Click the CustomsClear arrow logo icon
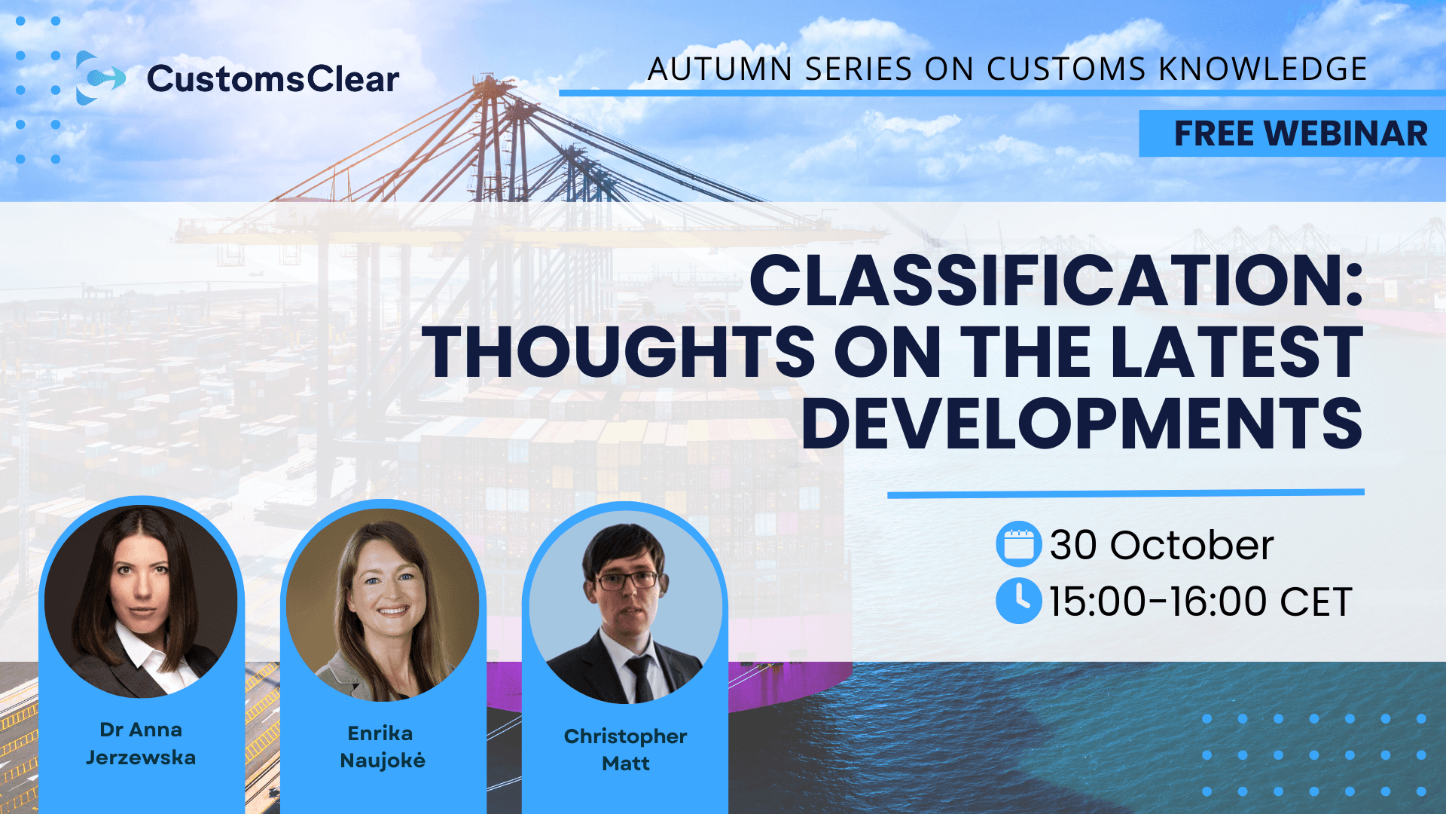click(99, 78)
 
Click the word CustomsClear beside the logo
click(273, 79)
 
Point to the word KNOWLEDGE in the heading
click(1262, 69)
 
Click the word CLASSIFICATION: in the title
click(1056, 281)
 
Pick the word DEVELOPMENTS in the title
click(1081, 423)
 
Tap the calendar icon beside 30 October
click(1018, 544)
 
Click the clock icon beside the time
click(1018, 601)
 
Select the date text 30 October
click(1161, 545)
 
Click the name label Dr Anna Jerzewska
click(141, 743)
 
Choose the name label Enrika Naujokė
click(383, 747)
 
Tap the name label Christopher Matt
click(625, 749)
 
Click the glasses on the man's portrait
click(627, 580)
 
